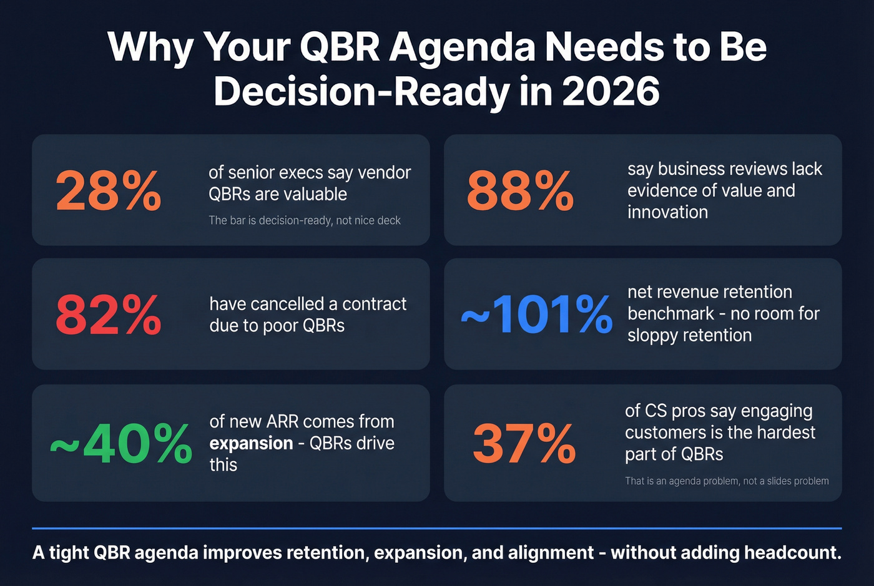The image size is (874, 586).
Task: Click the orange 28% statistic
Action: coord(109,191)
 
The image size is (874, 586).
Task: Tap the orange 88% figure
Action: coord(520,191)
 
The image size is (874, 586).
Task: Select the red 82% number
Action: coord(109,315)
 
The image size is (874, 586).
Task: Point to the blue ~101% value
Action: coord(537,314)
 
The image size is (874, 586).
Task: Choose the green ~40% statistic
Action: coord(121,444)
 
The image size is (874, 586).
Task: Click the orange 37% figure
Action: coord(524,444)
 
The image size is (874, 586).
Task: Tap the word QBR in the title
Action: coord(340,47)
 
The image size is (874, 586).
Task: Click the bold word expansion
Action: coord(251,443)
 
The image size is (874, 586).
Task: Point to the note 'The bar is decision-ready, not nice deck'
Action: coord(305,220)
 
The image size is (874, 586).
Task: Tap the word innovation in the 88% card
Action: coord(667,212)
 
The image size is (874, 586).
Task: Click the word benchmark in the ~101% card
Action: coord(670,313)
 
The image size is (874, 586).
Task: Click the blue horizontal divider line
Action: coord(437,528)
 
